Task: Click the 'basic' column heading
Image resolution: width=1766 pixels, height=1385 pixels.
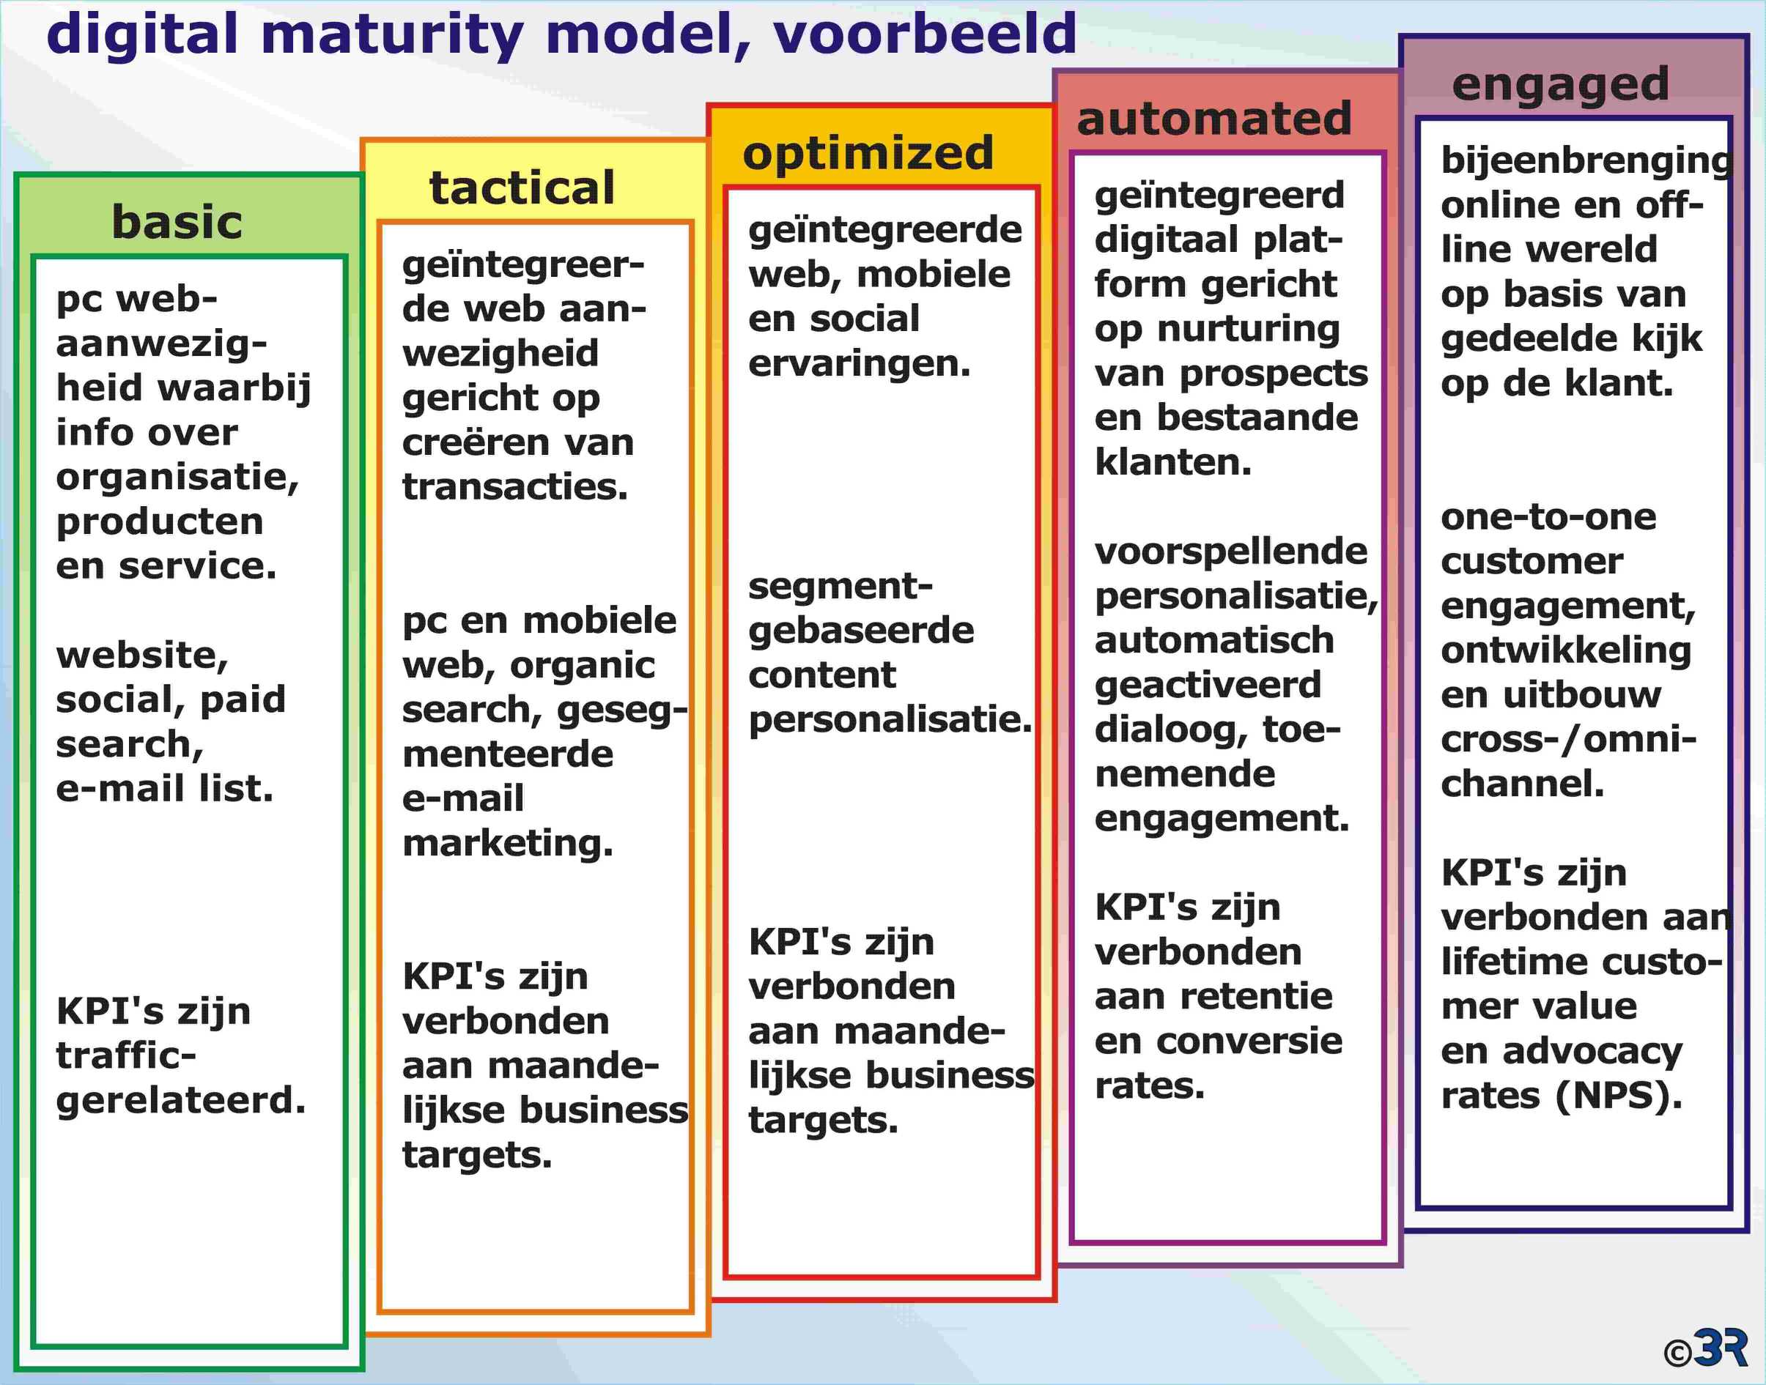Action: [x=177, y=222]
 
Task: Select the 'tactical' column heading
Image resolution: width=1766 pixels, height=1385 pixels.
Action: [x=522, y=188]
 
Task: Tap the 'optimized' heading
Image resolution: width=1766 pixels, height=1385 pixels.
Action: [x=868, y=153]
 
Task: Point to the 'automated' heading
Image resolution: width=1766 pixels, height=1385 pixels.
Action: [x=1213, y=119]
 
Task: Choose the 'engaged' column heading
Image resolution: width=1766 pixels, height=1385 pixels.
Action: [x=1561, y=85]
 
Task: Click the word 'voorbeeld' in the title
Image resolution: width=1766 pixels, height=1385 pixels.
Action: [x=925, y=34]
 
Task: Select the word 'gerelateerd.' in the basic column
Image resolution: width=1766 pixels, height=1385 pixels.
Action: [x=181, y=1100]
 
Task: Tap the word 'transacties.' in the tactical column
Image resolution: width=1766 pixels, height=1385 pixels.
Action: [x=515, y=486]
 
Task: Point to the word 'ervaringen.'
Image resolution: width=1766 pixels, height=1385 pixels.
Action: [x=859, y=364]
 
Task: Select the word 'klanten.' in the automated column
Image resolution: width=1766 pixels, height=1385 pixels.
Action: [x=1173, y=462]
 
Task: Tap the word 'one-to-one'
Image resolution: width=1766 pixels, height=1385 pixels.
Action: [x=1548, y=516]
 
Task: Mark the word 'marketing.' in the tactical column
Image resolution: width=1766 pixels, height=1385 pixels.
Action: [x=508, y=843]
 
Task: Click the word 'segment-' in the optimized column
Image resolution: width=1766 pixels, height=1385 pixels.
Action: [x=840, y=586]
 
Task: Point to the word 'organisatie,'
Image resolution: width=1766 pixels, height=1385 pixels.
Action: [x=177, y=478]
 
